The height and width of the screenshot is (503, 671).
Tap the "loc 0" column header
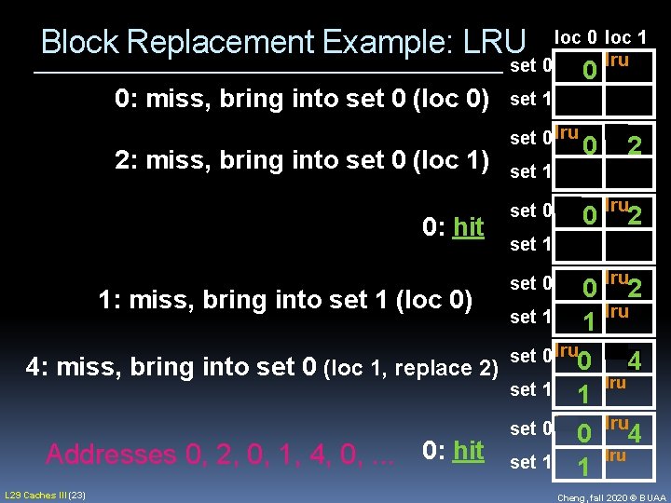coord(578,37)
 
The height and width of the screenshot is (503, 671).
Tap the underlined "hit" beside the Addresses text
coord(467,451)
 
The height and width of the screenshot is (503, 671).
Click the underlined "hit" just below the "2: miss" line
coord(467,226)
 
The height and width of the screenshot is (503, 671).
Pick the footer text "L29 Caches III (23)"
coord(46,494)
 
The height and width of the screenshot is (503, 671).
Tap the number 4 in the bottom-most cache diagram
coord(635,434)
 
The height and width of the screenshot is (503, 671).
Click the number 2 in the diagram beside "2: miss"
coord(634,146)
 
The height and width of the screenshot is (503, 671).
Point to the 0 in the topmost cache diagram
coord(588,71)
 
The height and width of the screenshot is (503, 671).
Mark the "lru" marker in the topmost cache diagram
coord(617,61)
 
